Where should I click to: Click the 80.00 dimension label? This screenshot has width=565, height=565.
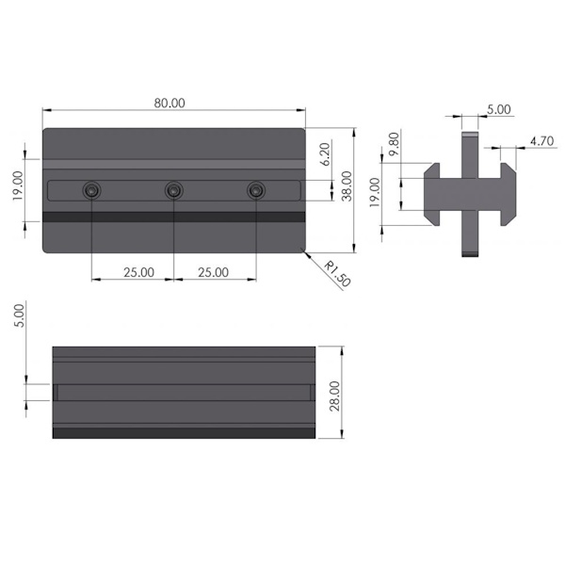[x=169, y=103]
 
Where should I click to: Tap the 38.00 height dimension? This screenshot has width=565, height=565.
[x=347, y=186]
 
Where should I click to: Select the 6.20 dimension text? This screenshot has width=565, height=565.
[x=325, y=154]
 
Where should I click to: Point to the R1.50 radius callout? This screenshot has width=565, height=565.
[x=336, y=274]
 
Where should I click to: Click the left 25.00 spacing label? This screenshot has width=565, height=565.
[x=138, y=272]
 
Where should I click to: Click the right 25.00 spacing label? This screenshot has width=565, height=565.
[x=213, y=272]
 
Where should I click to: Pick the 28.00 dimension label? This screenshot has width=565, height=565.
[x=335, y=396]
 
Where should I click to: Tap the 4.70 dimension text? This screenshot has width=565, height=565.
[x=541, y=141]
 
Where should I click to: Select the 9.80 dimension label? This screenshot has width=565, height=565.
[x=395, y=144]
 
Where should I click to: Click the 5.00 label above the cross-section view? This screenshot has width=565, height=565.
[x=499, y=109]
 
